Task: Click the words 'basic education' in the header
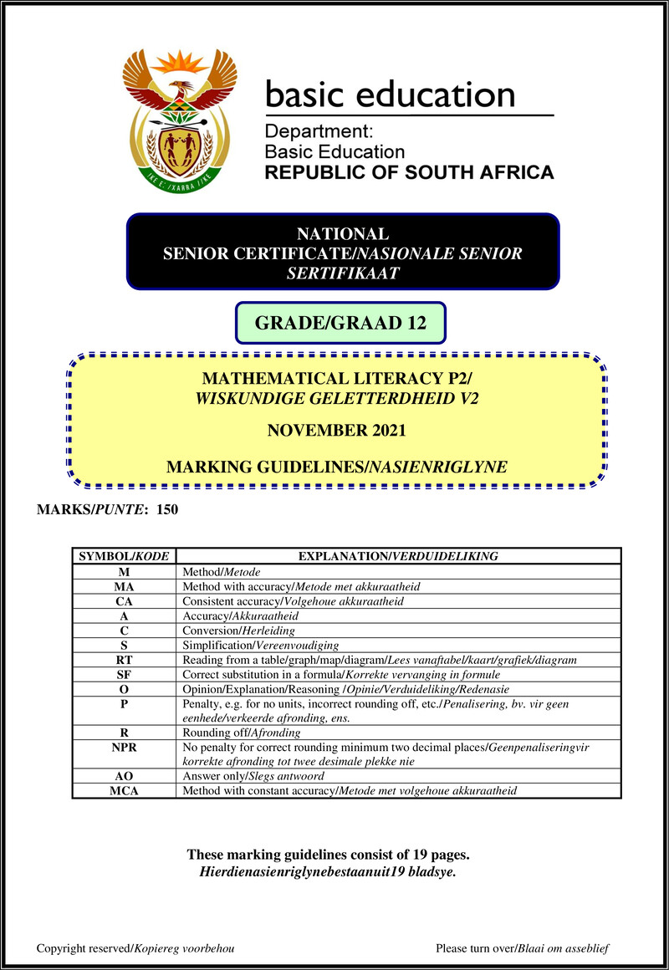pos(390,93)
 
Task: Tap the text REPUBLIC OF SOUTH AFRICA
pos(409,173)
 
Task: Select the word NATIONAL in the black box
pos(343,234)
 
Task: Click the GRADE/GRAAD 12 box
pos(340,323)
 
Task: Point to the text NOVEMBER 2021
pos(336,431)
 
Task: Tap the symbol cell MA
pos(124,586)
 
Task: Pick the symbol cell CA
pos(124,601)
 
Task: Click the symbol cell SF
pos(124,675)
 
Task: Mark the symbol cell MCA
pos(124,790)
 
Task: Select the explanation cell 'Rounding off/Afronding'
pos(241,732)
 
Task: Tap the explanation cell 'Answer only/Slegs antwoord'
pos(252,776)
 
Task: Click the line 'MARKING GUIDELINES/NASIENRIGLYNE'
pos(336,467)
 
